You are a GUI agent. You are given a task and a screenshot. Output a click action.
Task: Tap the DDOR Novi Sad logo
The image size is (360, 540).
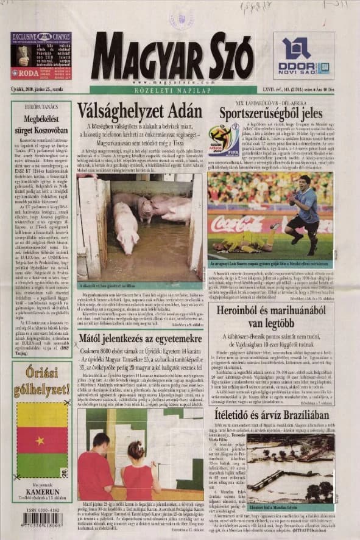tap(303, 56)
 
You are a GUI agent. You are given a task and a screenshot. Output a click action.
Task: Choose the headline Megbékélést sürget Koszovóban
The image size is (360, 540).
tap(41, 124)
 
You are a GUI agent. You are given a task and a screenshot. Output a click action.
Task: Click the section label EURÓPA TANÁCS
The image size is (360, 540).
tap(41, 107)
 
